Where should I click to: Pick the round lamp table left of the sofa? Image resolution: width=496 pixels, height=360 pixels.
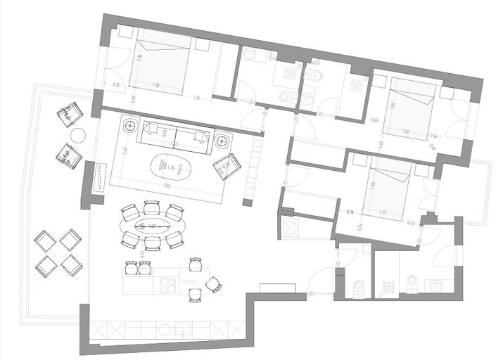coord(131,127)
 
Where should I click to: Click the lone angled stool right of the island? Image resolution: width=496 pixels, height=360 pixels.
coord(212,285)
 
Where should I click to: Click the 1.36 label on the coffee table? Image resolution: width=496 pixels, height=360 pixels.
coord(171,168)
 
